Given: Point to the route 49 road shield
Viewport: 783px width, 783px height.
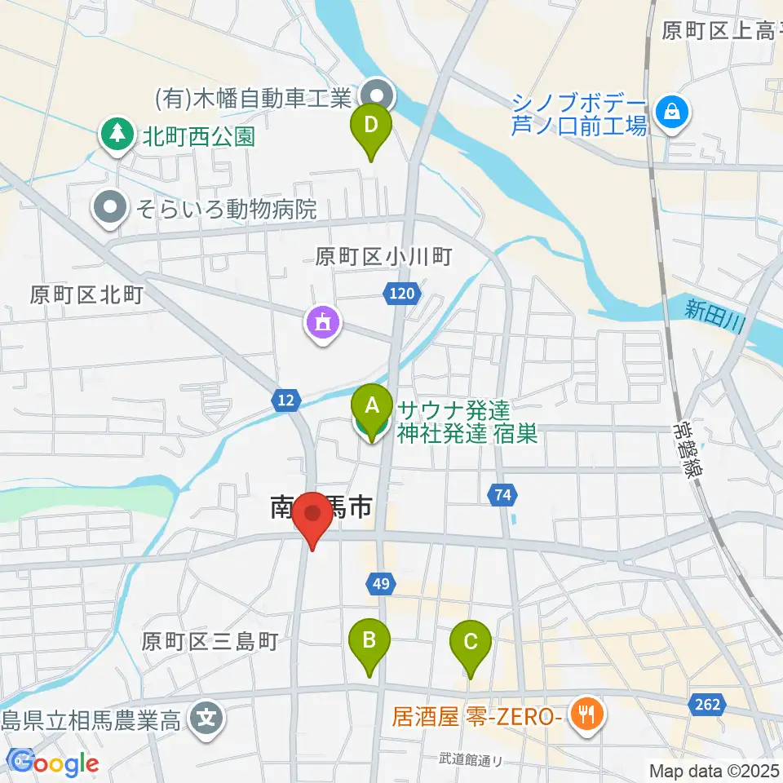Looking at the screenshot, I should (379, 583).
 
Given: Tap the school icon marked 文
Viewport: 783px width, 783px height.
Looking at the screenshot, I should (209, 718).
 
